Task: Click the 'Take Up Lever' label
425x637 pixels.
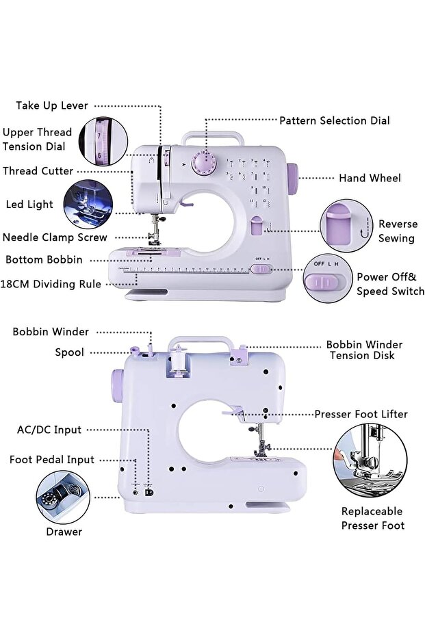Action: (x=52, y=105)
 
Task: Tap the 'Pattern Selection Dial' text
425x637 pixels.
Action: (x=334, y=120)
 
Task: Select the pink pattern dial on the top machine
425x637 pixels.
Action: (x=203, y=164)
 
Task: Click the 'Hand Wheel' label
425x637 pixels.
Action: (x=370, y=178)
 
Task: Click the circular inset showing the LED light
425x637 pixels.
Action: (x=87, y=203)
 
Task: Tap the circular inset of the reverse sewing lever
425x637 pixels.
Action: (x=346, y=226)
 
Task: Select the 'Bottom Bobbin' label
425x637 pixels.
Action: (x=44, y=260)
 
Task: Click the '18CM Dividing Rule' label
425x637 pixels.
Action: (x=51, y=284)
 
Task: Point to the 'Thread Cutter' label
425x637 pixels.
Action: (x=38, y=170)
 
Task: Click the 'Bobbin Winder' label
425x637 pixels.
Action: (x=51, y=332)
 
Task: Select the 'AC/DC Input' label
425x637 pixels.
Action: (x=49, y=430)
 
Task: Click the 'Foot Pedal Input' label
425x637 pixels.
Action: (x=52, y=460)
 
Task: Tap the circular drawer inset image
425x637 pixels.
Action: (x=62, y=497)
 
